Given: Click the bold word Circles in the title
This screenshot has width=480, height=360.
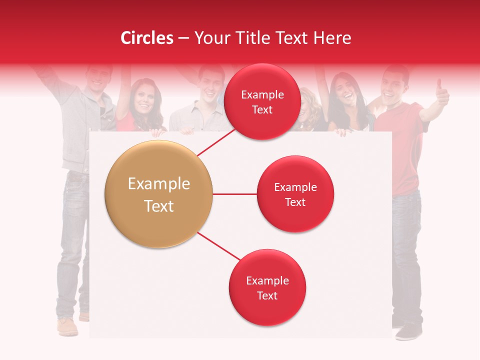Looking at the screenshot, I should click(147, 38).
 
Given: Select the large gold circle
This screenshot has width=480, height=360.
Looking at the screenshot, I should click(158, 194).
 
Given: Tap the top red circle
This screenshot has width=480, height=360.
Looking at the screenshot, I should click(262, 101).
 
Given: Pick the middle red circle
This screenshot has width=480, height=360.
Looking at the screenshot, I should click(295, 194).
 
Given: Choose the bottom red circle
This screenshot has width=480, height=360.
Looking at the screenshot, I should click(267, 288).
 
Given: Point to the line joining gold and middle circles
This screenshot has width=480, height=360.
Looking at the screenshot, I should click(234, 194).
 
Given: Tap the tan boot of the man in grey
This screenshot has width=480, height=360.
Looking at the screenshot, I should click(67, 327).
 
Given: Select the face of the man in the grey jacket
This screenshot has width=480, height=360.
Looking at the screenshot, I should click(98, 80).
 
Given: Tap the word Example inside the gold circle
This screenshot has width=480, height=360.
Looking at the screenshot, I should click(158, 184).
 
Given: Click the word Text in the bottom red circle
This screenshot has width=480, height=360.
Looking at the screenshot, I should click(267, 295).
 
